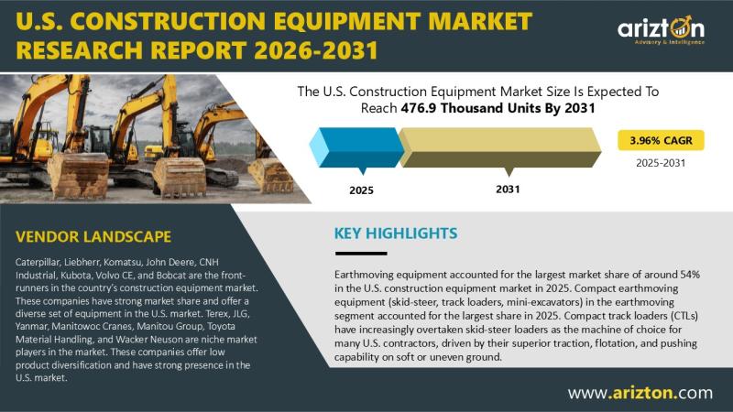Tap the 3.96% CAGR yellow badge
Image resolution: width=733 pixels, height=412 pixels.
[x=661, y=140]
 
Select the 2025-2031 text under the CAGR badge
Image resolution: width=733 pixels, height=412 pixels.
[x=661, y=163]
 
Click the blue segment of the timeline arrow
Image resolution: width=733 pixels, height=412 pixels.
[x=356, y=147]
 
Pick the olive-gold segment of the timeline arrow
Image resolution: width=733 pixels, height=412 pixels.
[x=500, y=147]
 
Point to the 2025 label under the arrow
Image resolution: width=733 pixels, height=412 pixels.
[x=361, y=190]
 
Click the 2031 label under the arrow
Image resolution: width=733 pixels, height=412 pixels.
[x=508, y=190]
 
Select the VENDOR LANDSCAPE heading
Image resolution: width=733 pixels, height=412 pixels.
[x=93, y=236]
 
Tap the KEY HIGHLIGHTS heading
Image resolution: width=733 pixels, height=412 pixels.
[x=396, y=233]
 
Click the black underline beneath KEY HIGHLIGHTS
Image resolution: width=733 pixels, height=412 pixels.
[x=361, y=254]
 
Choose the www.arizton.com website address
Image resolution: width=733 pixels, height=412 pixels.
[x=640, y=393]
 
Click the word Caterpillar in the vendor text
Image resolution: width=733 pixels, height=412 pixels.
[x=38, y=262]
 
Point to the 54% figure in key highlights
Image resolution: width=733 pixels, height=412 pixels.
[x=690, y=274]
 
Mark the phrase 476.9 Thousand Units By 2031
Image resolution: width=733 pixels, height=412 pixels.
[x=498, y=108]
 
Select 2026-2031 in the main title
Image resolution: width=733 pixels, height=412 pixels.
[x=315, y=50]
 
